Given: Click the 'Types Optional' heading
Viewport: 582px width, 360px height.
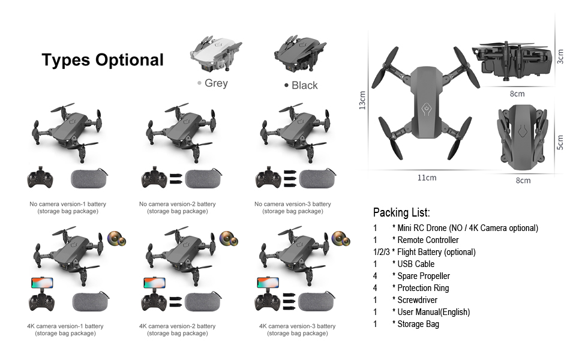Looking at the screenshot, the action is pos(103,60).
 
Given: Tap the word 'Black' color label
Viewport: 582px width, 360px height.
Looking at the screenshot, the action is pos(304,85).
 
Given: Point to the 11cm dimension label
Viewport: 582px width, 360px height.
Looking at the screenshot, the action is pos(427,178).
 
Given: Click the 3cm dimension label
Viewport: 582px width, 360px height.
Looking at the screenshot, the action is pos(560,57).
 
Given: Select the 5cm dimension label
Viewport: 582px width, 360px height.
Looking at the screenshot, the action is pos(560,142).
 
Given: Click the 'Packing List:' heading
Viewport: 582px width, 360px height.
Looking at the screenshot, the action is pos(401,212).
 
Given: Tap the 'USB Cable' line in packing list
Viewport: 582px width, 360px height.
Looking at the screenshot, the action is pos(416,264).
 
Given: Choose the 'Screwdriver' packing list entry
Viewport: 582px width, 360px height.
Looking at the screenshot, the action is pos(417,300).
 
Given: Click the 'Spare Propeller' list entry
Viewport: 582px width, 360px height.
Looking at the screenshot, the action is pos(423,276).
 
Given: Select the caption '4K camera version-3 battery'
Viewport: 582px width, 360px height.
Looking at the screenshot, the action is pos(297,326).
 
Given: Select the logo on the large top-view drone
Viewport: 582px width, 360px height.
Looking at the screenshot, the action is pos(426,109).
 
